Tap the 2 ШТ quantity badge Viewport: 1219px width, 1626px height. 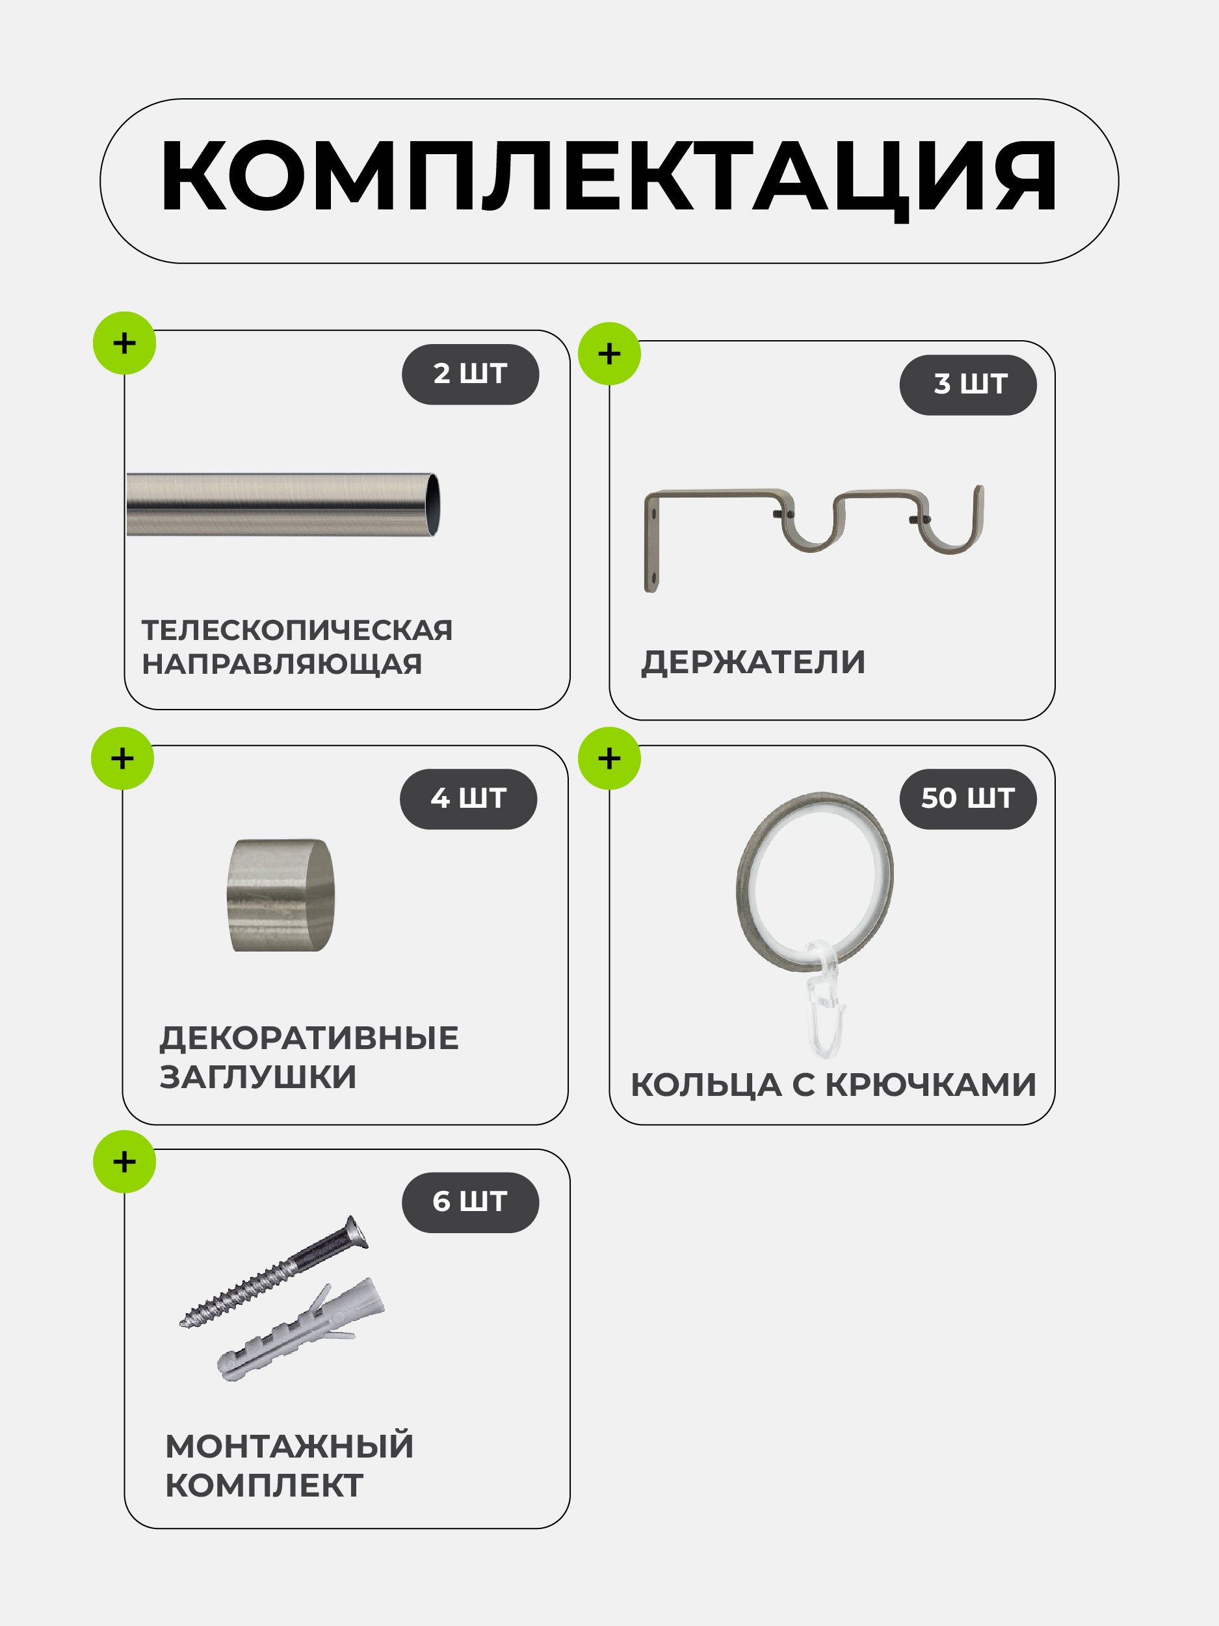coord(470,374)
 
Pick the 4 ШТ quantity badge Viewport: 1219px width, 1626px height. coord(468,799)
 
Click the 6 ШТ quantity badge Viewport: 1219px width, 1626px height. coord(470,1202)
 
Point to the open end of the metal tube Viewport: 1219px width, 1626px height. coord(434,505)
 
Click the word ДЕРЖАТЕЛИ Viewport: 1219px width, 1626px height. coord(753,662)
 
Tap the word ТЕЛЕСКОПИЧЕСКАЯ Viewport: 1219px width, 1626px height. coord(297,630)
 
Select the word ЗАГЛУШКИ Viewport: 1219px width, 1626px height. coord(258,1077)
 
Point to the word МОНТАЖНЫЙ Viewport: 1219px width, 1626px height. coord(289,1446)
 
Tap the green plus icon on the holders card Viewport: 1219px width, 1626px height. coord(609,354)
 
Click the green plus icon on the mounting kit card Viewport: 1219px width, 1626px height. coord(124,1162)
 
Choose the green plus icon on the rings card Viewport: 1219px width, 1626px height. coord(609,758)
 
